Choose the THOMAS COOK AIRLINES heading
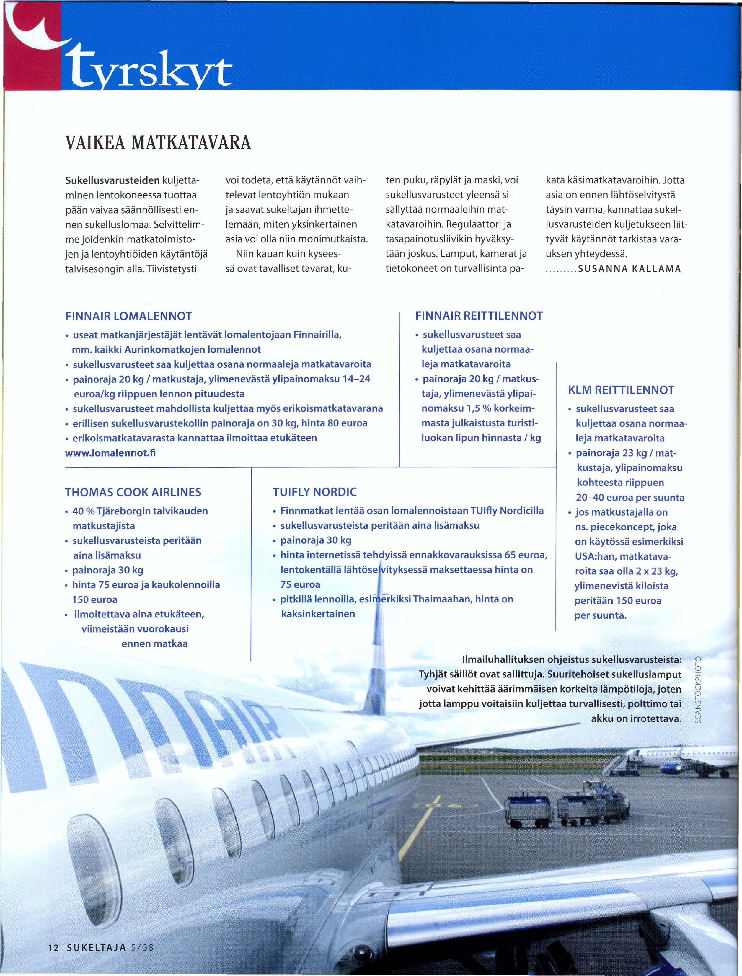tap(133, 492)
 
